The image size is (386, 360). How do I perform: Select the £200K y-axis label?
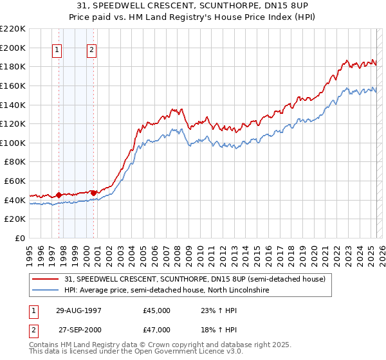tap(13, 48)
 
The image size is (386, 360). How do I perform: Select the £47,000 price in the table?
tap(156, 330)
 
